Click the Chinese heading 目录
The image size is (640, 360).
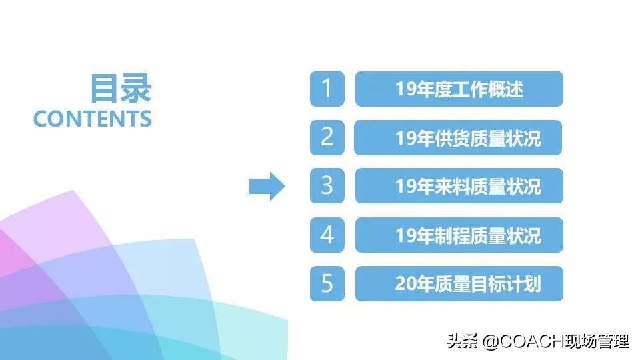[121, 89]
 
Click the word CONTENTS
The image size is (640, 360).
[93, 119]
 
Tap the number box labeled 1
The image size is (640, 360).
[327, 89]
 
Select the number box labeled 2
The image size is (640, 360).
[327, 137]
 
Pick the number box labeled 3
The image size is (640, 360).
[327, 186]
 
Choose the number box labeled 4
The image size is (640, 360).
[327, 235]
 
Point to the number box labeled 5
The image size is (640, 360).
[327, 283]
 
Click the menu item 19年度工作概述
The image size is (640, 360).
[459, 89]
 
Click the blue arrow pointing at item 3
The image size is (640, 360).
[267, 186]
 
